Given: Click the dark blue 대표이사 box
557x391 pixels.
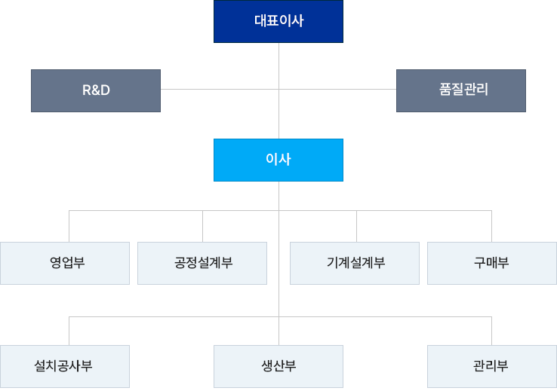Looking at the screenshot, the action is [x=278, y=21].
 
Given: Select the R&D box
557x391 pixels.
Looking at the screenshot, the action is [x=96, y=90].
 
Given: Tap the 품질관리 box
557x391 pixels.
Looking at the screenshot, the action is [x=461, y=90].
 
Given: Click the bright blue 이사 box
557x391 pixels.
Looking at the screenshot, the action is [x=278, y=160].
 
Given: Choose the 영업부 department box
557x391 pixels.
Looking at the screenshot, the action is [x=65, y=263].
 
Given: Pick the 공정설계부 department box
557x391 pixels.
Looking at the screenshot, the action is [x=202, y=263].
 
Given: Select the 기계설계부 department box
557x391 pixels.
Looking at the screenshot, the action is [x=355, y=263].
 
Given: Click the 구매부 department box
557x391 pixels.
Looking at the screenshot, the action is [x=492, y=263].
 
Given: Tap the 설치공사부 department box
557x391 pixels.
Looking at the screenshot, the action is [x=65, y=366].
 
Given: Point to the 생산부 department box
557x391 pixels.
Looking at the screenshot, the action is [x=278, y=366].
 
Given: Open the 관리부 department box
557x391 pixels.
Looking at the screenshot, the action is [x=492, y=366].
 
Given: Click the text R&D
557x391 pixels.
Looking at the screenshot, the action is [x=96, y=90].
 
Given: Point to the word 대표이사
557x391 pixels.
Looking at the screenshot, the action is [x=278, y=20].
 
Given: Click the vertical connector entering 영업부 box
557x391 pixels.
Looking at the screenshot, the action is [x=69, y=226].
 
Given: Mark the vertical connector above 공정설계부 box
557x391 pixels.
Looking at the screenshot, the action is [x=202, y=226].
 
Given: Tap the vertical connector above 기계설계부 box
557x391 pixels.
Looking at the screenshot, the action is [x=357, y=226].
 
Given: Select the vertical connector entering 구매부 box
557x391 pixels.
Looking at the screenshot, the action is [x=491, y=226].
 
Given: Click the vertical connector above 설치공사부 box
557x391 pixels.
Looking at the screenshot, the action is [x=69, y=331].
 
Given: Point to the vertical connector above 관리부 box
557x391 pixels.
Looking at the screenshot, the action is [x=491, y=331].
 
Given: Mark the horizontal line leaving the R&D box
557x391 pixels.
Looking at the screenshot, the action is [x=220, y=90].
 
